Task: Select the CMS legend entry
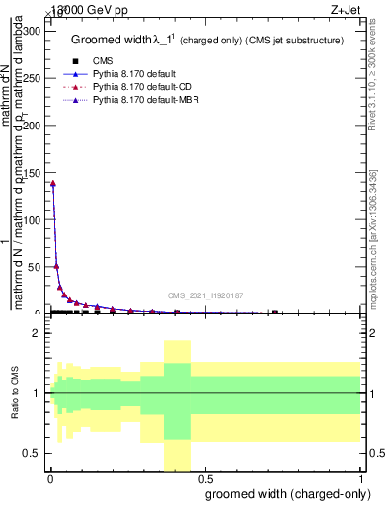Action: (x=103, y=60)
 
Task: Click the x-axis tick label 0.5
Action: (x=204, y=479)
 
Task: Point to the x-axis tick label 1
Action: (x=359, y=479)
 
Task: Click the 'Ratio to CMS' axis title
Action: (x=15, y=393)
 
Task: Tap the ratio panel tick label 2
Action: (x=38, y=334)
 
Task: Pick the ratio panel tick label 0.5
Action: (x=34, y=453)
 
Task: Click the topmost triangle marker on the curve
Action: (x=52, y=183)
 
